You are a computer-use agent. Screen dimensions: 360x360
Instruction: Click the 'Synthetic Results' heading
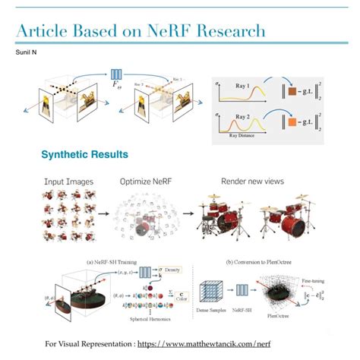[x=84, y=155]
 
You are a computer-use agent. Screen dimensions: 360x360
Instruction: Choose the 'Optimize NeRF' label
[x=150, y=182]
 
